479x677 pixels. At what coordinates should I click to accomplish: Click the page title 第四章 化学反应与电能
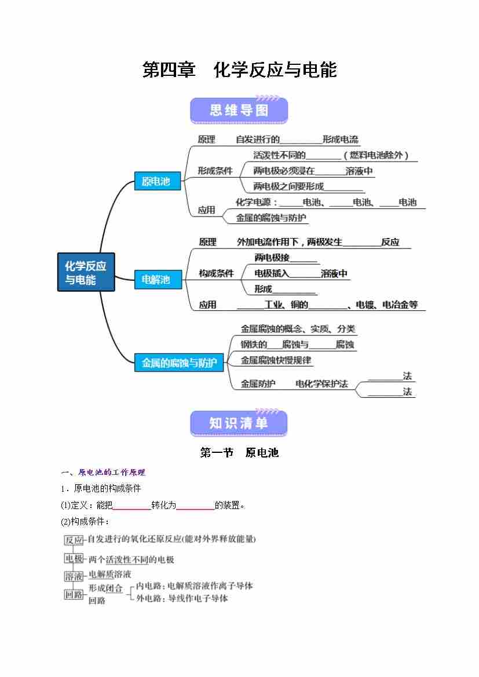239,70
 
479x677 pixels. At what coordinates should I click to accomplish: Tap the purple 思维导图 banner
239,111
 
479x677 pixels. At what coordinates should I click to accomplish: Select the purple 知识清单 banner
239,423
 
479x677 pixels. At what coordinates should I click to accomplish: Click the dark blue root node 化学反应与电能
86,273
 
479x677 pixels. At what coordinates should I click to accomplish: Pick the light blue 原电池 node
156,181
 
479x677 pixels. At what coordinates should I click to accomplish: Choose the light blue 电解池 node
156,280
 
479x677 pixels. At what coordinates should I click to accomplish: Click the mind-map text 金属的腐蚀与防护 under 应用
271,218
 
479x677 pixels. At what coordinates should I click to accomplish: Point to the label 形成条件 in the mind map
215,171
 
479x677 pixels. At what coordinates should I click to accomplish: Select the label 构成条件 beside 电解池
216,273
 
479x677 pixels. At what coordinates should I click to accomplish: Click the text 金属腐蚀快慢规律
276,360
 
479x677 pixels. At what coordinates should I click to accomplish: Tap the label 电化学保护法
321,383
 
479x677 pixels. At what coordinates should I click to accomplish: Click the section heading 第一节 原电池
239,453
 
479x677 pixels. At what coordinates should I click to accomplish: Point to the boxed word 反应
74,540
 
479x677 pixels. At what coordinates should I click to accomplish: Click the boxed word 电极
74,559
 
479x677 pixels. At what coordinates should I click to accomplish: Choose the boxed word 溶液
74,576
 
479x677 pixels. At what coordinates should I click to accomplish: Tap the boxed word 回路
74,594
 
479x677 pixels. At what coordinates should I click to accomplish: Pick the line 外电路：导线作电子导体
182,598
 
